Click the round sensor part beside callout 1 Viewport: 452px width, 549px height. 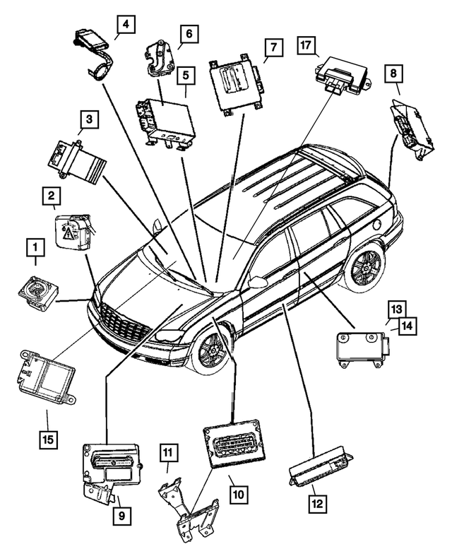(x=37, y=290)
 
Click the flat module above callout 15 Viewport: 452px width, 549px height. (x=44, y=376)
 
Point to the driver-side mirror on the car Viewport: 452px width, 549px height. (x=258, y=282)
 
